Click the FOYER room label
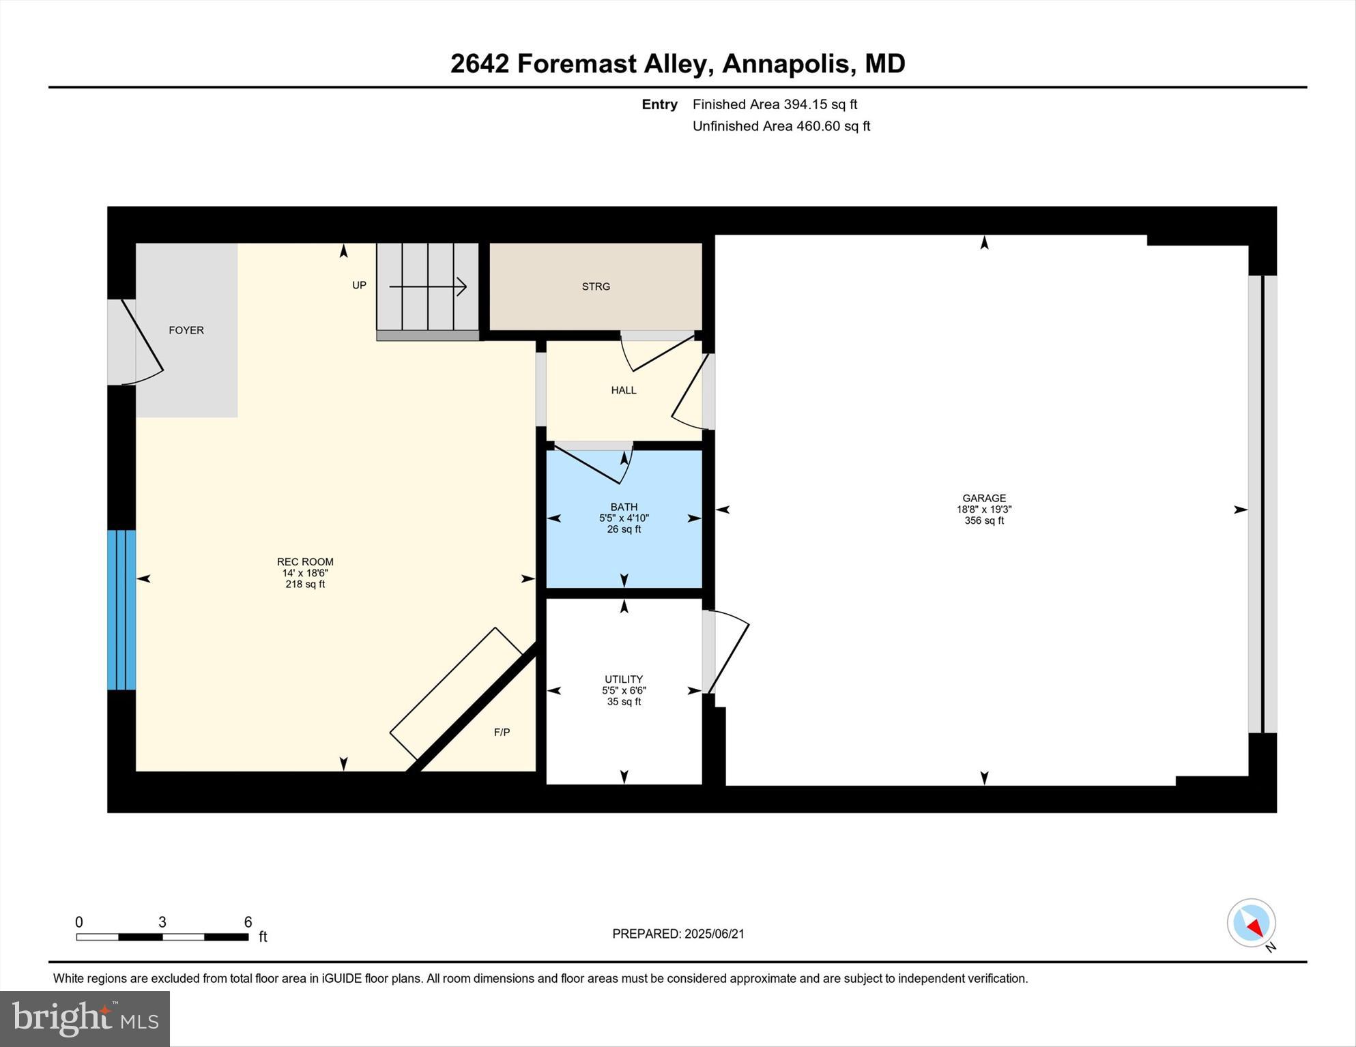[186, 330]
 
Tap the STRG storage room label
[596, 286]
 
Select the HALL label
[623, 390]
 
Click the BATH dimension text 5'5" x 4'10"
[624, 518]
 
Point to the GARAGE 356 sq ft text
[983, 520]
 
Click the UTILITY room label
[623, 679]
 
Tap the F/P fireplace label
[502, 733]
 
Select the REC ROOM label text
[305, 562]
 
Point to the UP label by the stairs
[359, 285]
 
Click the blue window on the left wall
[121, 610]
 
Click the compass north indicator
[1252, 924]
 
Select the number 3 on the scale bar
[162, 922]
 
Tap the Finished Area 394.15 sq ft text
[775, 104]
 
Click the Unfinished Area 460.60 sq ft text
[781, 126]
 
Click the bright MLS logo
[85, 1019]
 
